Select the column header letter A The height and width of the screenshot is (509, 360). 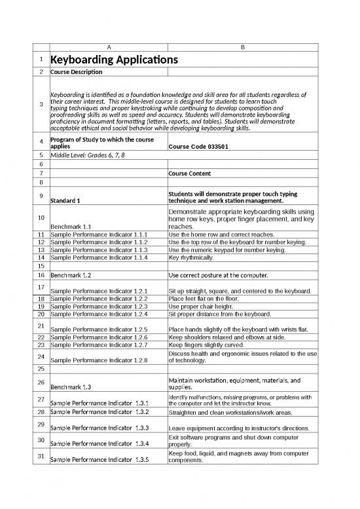pyautogui.click(x=108, y=47)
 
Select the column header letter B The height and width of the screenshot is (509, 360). pyautogui.click(x=242, y=47)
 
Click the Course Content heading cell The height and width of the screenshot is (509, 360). pyautogui.click(x=190, y=174)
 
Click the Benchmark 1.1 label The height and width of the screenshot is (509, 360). pyautogui.click(x=71, y=227)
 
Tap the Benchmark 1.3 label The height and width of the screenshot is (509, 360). pyautogui.click(x=71, y=387)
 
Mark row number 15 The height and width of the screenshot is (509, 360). pyautogui.click(x=41, y=267)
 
